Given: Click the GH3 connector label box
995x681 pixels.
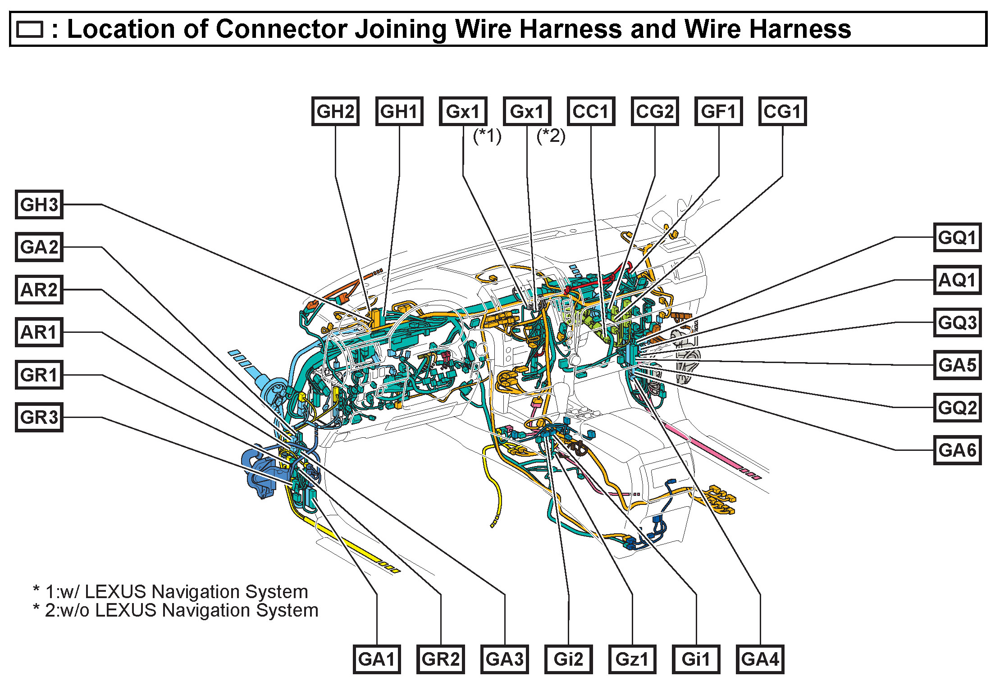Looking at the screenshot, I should (39, 204).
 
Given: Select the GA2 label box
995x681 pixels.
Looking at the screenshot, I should (39, 247).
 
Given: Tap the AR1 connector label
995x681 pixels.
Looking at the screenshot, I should (39, 332).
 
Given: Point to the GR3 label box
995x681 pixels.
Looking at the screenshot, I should (39, 417).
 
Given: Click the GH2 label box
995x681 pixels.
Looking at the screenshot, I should (335, 111).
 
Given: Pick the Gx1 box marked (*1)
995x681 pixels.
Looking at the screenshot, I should (463, 111).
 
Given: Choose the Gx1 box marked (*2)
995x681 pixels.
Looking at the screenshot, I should (527, 111).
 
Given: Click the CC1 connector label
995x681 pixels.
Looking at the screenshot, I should (591, 111).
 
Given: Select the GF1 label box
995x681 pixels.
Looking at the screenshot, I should (719, 111).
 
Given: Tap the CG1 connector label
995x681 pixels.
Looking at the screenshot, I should (783, 111).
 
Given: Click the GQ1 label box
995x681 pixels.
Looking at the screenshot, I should (957, 237).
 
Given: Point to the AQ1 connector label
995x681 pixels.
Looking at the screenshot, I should (957, 280).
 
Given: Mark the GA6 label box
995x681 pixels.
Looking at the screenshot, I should (957, 450).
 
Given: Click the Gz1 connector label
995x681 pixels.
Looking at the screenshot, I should (632, 659).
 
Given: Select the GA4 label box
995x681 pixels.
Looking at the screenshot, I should (760, 659).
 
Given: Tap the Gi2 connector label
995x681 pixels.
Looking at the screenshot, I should (568, 659).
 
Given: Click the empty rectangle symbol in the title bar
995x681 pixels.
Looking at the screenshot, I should (30, 30).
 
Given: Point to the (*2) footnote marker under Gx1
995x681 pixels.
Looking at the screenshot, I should (551, 136).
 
